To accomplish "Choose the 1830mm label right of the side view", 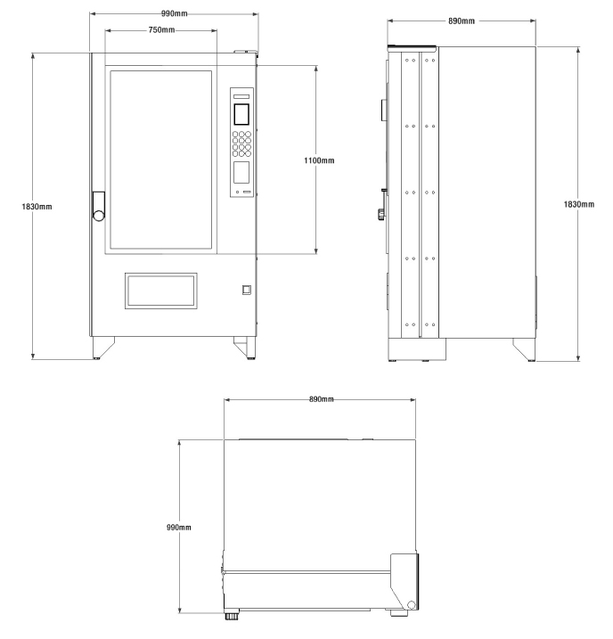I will pos(579,204).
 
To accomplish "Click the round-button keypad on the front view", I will pos(242,144).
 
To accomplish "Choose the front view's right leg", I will pos(243,346).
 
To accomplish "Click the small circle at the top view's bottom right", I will pos(410,606).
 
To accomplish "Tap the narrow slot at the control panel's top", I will pos(241,94).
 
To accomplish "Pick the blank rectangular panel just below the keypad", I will pos(241,172).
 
